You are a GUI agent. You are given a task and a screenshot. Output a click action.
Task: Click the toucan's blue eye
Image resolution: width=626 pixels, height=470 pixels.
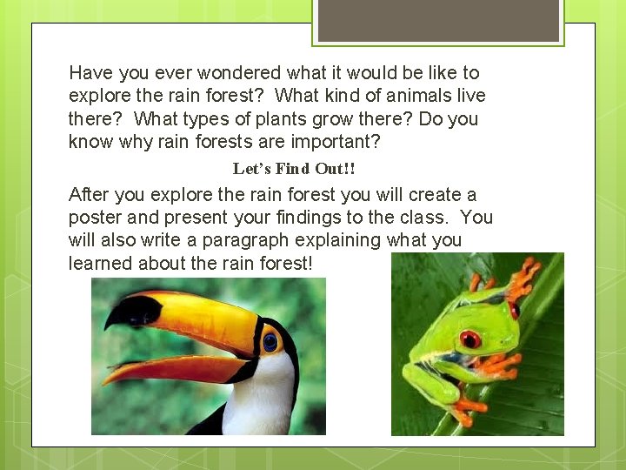pyautogui.click(x=270, y=341)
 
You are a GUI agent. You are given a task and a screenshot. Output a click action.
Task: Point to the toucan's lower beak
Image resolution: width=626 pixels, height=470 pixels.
pyautogui.click(x=174, y=367)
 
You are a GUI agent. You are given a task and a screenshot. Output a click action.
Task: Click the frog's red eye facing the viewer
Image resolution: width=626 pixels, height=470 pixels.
pyautogui.click(x=470, y=339)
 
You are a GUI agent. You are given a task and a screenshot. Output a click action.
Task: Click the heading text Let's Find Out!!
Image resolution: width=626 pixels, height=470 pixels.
pyautogui.click(x=294, y=168)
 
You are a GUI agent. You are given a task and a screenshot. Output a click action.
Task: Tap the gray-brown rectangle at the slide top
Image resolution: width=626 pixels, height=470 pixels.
pyautogui.click(x=438, y=20)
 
